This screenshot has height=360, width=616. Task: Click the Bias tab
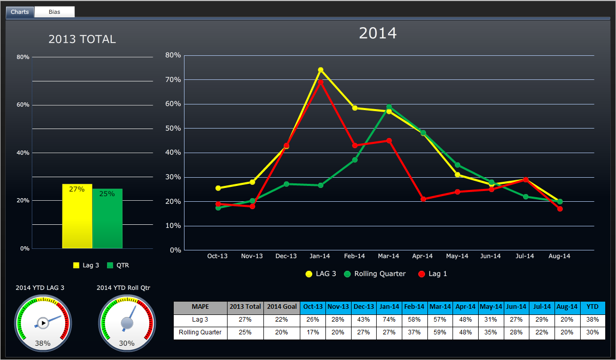coord(54,12)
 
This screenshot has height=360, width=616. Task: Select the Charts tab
coord(20,12)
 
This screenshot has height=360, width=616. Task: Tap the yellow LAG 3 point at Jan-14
coord(320,70)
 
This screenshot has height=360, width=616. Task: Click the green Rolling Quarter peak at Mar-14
coord(389,107)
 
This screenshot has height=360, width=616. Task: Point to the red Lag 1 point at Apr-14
coord(423,199)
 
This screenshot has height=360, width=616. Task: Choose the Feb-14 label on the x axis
coord(354,256)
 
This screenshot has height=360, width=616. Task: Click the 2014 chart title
coord(378,33)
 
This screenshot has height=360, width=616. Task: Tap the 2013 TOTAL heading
coord(82,39)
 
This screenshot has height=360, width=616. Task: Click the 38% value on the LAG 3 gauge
coord(43,343)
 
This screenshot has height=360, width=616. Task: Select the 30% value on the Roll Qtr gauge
coord(127,343)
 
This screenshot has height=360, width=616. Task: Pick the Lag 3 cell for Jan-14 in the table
coord(389,320)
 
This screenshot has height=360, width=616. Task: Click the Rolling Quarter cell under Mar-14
coord(440,332)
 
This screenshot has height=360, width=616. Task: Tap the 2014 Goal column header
coord(282,307)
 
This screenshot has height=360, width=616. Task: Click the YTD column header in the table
coord(592,307)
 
